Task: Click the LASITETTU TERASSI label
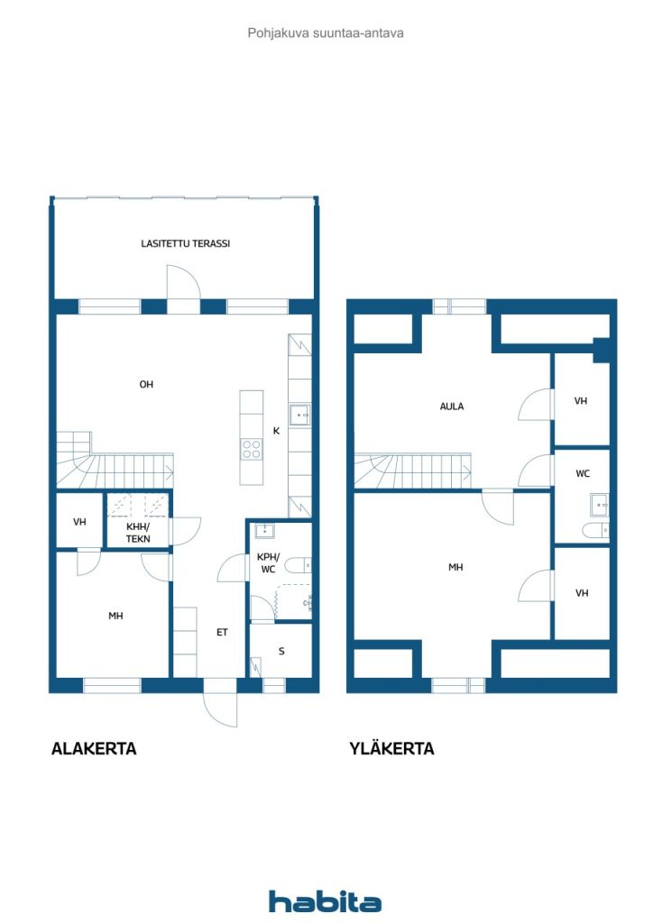[x=186, y=243]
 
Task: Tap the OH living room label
[x=146, y=384]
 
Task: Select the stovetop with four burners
[x=252, y=450]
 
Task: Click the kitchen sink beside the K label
[x=299, y=415]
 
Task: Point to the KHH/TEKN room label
[x=138, y=533]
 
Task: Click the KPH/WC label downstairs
[x=268, y=563]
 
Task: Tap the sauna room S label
[x=281, y=651]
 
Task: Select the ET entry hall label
[x=222, y=632]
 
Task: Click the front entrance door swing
[x=221, y=710]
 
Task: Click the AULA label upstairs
[x=452, y=407]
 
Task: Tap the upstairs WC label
[x=583, y=473]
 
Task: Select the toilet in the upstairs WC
[x=595, y=530]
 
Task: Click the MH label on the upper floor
[x=455, y=568]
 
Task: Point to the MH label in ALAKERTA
[x=115, y=616]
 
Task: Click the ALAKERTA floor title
[x=94, y=749]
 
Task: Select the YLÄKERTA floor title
[x=391, y=748]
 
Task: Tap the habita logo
[x=325, y=901]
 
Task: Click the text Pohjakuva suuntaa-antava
[x=326, y=33]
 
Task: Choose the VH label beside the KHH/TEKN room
[x=79, y=522]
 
